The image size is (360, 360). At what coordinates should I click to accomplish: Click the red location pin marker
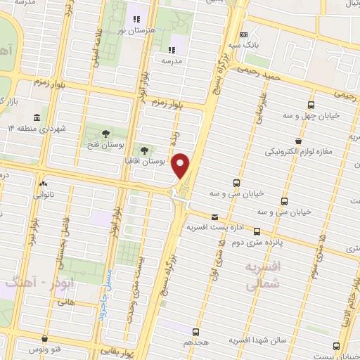181,165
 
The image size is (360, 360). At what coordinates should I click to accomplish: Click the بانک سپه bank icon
243,34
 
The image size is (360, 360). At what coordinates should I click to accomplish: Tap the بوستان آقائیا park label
162,161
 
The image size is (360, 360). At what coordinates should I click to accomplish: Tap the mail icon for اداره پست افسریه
214,217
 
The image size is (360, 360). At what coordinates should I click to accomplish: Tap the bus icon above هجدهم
195,331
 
